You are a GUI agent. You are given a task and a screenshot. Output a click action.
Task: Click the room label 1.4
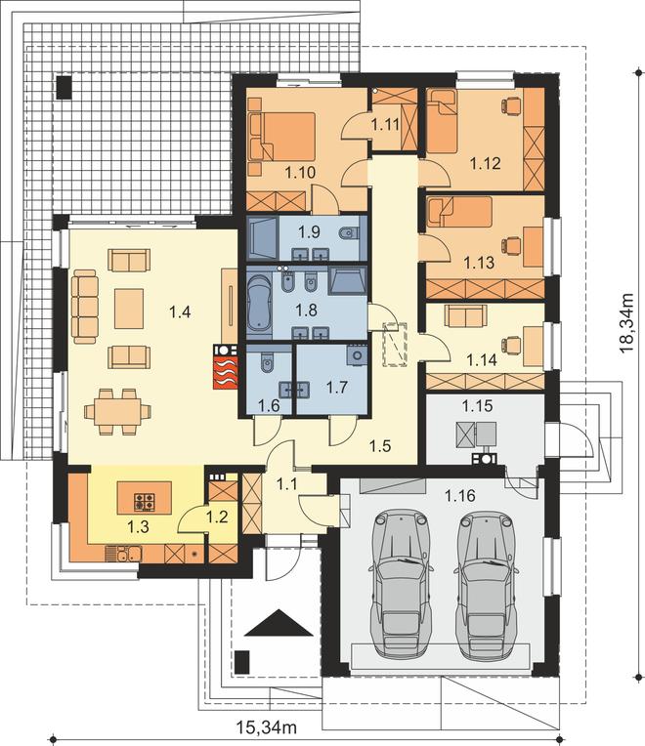[x=180, y=312]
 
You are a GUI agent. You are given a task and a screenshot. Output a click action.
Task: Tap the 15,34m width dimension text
[x=267, y=727]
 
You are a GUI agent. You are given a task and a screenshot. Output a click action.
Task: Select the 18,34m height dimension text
[x=626, y=323]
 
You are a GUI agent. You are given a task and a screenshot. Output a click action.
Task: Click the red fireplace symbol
[x=225, y=373]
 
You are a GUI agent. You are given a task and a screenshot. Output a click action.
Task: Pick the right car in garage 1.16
[x=487, y=585]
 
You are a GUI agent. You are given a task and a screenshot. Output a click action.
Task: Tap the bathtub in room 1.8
[x=259, y=302]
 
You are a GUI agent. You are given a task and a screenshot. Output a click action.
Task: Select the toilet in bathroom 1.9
[x=349, y=233]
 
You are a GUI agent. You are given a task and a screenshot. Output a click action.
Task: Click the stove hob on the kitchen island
[x=145, y=501]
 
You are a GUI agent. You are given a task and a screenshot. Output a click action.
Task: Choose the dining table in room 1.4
[x=117, y=411]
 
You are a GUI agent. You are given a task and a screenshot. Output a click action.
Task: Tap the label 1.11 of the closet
[x=385, y=125]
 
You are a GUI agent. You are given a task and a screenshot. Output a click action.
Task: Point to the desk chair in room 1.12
[x=510, y=104]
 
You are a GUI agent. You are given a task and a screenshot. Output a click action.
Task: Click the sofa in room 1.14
[x=466, y=316]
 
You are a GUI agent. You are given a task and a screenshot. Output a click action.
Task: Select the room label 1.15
[x=478, y=406]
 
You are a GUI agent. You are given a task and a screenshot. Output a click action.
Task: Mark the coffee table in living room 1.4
[x=129, y=309]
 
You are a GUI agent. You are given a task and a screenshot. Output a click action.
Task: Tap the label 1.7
[x=337, y=388]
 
